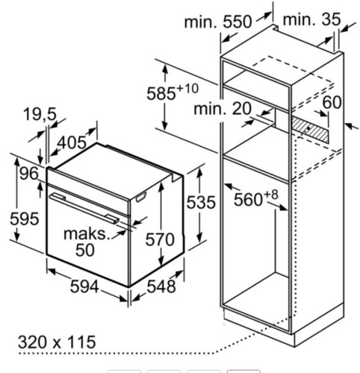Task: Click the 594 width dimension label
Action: click(84, 286)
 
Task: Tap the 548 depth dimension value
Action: click(161, 286)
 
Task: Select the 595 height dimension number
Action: click(25, 219)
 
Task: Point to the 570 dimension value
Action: click(160, 239)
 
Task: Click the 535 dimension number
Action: click(201, 202)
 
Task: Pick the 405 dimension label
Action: click(72, 142)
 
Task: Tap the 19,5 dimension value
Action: click(40, 115)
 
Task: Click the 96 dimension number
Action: click(29, 173)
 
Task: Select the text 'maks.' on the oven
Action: click(87, 233)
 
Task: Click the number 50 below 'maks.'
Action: click(85, 250)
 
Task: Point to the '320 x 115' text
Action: click(57, 342)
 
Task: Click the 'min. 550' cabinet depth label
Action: click(218, 22)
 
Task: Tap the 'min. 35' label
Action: click(311, 19)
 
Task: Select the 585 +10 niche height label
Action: click(173, 92)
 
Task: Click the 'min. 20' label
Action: click(223, 109)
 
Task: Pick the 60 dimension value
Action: click(332, 102)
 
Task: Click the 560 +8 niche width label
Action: click(256, 198)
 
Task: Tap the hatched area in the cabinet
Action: click(310, 128)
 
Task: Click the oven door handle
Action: click(84, 207)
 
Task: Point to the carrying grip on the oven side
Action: click(140, 197)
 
